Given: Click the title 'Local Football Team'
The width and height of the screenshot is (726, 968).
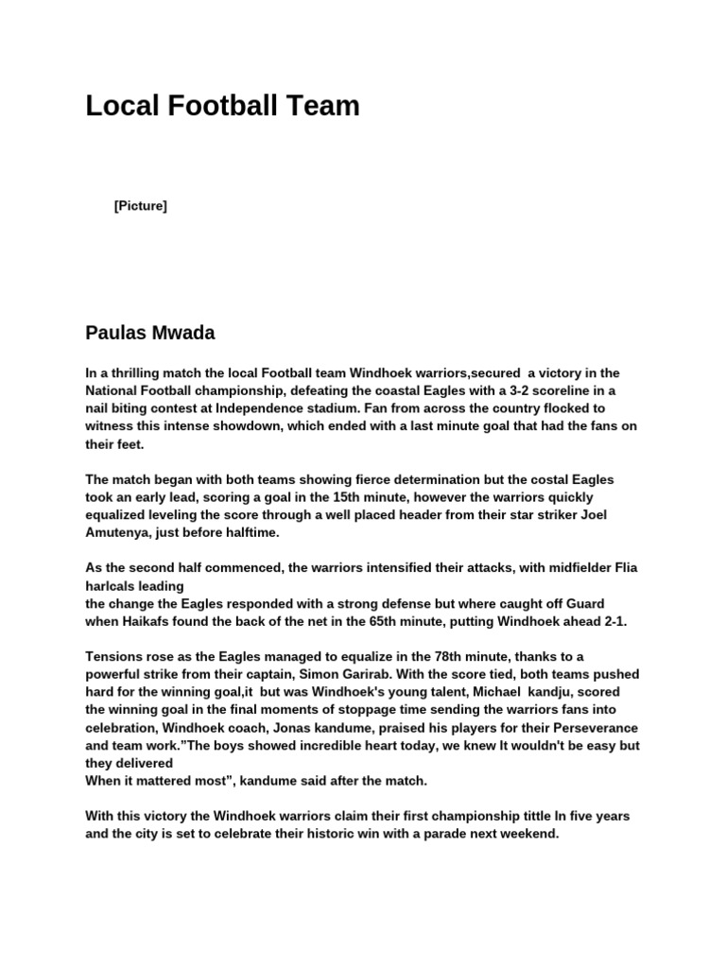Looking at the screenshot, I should (x=222, y=106).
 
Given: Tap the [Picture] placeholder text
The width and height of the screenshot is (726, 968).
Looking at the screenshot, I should (x=140, y=205).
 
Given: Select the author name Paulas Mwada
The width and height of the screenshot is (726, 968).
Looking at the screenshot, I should (x=150, y=332).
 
